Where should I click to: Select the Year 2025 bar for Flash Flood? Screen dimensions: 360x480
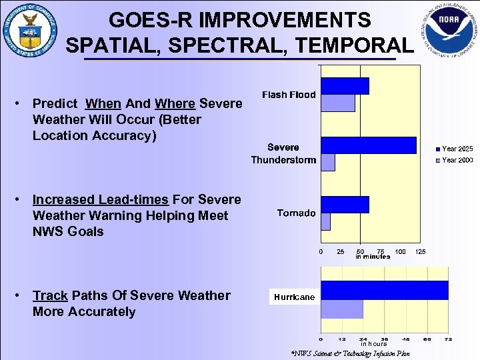pyautogui.click(x=345, y=86)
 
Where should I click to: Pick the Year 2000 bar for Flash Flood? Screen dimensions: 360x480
pyautogui.click(x=338, y=103)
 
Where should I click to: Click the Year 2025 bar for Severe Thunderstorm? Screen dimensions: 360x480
pyautogui.click(x=369, y=145)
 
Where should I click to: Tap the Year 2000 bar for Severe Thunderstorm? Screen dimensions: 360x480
pyautogui.click(x=328, y=162)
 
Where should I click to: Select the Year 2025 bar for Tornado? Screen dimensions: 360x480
pyautogui.click(x=345, y=205)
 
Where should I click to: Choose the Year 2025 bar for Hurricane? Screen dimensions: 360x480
pyautogui.click(x=385, y=290)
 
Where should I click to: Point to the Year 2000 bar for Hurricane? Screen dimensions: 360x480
pyautogui.click(x=342, y=309)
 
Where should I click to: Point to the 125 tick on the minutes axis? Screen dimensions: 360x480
pyautogui.click(x=420, y=251)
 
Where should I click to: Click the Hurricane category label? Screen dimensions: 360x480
pyautogui.click(x=293, y=297)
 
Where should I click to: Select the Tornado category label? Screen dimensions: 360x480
pyautogui.click(x=296, y=213)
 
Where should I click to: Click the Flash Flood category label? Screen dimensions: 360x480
pyautogui.click(x=289, y=95)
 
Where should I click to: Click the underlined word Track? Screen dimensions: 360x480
pyautogui.click(x=50, y=295)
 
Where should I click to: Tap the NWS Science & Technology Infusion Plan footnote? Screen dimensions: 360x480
pyautogui.click(x=351, y=353)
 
